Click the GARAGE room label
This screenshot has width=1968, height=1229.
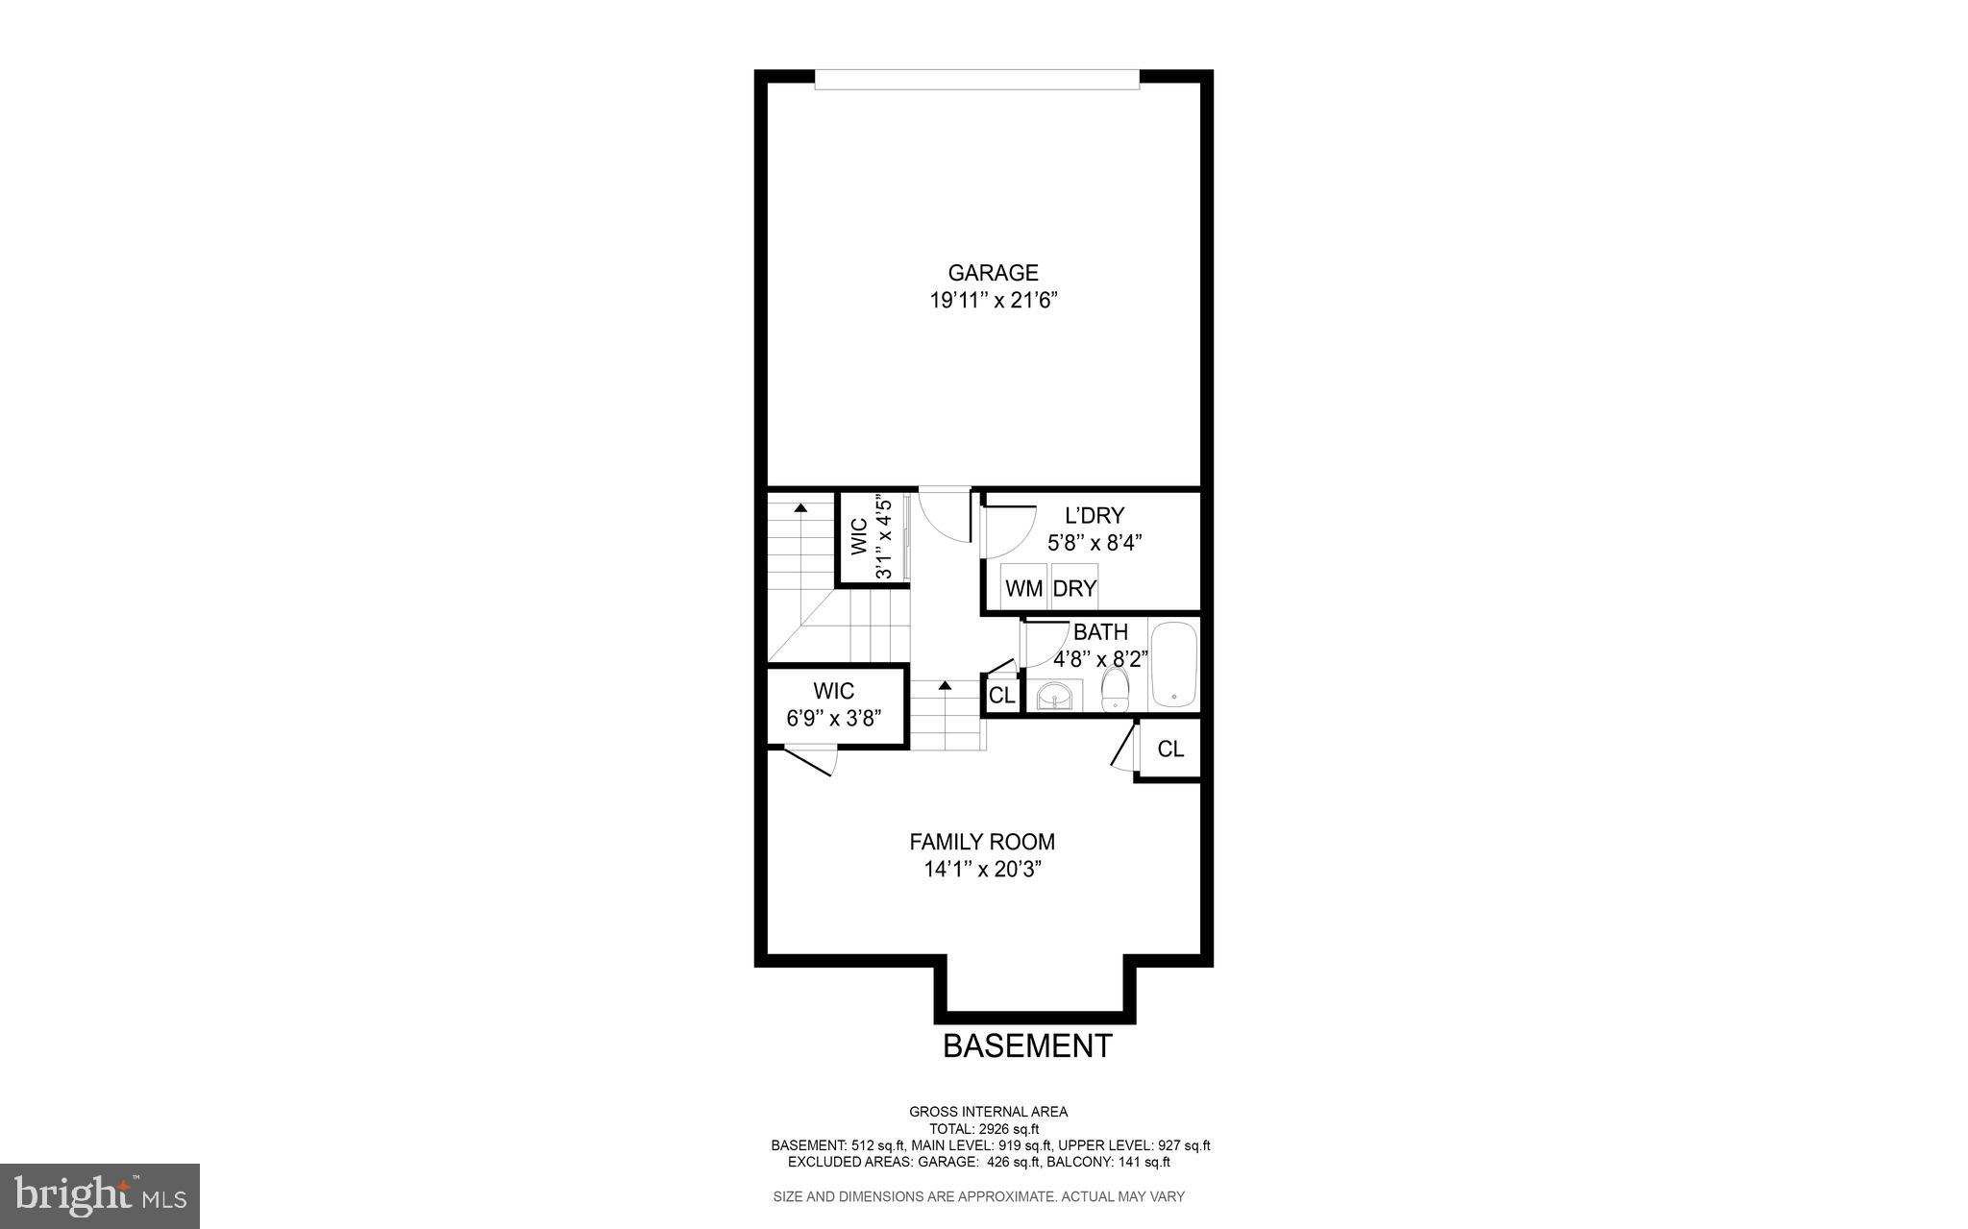pyautogui.click(x=993, y=273)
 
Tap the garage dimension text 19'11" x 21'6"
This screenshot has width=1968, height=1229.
pyautogui.click(x=993, y=301)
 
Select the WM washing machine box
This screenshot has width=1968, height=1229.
pyautogui.click(x=1023, y=588)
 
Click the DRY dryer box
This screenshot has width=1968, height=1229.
pyautogui.click(x=1074, y=588)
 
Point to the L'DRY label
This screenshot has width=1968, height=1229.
pyautogui.click(x=1094, y=516)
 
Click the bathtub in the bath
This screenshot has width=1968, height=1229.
pyautogui.click(x=1174, y=665)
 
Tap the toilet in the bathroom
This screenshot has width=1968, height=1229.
pyautogui.click(x=1115, y=689)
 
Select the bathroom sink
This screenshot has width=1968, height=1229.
pyautogui.click(x=1054, y=695)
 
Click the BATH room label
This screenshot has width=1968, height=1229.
pyautogui.click(x=1100, y=632)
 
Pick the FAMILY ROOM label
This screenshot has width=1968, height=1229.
pyautogui.click(x=982, y=842)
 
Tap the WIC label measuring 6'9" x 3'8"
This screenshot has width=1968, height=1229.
pyautogui.click(x=833, y=691)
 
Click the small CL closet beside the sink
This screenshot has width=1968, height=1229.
pyautogui.click(x=1002, y=695)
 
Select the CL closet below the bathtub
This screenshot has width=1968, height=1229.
pyautogui.click(x=1170, y=749)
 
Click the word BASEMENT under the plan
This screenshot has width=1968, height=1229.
pyautogui.click(x=1027, y=1045)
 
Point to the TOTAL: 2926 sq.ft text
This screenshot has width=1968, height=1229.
pyautogui.click(x=983, y=1129)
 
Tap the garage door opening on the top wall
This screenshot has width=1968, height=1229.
pyautogui.click(x=976, y=80)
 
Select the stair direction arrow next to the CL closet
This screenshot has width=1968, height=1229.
pyautogui.click(x=945, y=686)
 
